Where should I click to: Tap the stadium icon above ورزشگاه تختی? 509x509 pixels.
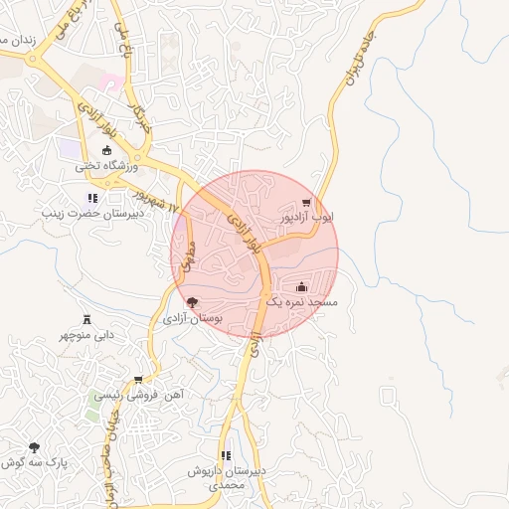(x=107, y=151)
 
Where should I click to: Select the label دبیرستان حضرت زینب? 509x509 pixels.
(x=93, y=213)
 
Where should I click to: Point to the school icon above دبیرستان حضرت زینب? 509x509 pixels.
(x=93, y=198)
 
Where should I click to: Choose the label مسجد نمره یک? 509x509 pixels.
(x=300, y=300)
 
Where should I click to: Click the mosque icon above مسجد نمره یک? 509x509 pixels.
(x=301, y=286)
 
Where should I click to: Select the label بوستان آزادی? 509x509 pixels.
(x=192, y=318)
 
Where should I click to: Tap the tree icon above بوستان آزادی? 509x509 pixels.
(x=192, y=302)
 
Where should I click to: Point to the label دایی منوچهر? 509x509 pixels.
(x=86, y=335)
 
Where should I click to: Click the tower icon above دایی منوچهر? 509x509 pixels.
(x=86, y=319)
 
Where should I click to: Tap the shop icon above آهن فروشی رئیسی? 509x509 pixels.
(x=137, y=380)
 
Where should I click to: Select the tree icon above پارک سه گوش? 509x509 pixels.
(x=35, y=448)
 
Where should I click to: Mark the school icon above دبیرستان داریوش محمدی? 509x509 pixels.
(x=226, y=455)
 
